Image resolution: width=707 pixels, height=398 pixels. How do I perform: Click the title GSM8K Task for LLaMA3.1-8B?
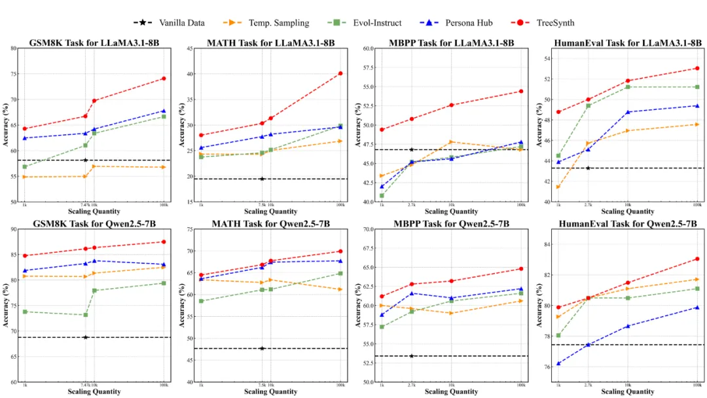pyautogui.click(x=94, y=43)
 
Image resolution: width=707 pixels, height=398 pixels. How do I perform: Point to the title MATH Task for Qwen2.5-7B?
pyautogui.click(x=270, y=224)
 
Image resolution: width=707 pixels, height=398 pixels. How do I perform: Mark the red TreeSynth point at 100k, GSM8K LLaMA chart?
pyautogui.click(x=164, y=79)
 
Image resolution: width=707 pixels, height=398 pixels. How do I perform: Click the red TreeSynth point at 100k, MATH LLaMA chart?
pyautogui.click(x=340, y=73)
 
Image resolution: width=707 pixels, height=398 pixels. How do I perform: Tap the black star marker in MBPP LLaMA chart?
pyautogui.click(x=412, y=149)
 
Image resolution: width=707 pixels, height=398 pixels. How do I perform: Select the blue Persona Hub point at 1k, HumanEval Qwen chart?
pyautogui.click(x=558, y=363)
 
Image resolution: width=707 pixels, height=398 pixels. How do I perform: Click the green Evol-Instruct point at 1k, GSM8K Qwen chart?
pyautogui.click(x=25, y=312)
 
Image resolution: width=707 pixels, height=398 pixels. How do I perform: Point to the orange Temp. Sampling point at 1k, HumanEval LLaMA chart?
pyautogui.click(x=558, y=187)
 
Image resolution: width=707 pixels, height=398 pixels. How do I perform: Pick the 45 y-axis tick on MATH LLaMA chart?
pyautogui.click(x=190, y=48)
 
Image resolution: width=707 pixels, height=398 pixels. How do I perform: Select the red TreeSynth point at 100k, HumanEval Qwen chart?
pyautogui.click(x=697, y=259)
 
